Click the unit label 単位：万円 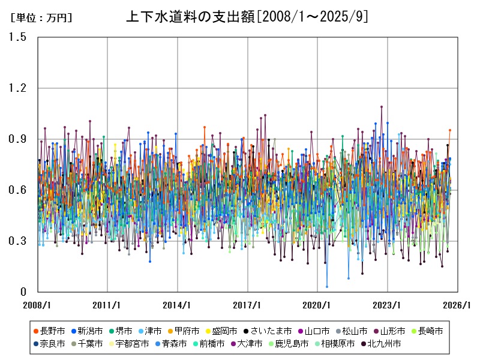41,18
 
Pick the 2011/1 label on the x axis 107,305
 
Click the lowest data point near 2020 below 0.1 327,287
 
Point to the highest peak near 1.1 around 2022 382,107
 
